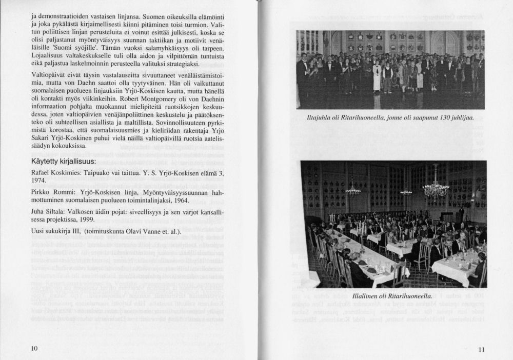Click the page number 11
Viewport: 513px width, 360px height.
[x=481, y=350]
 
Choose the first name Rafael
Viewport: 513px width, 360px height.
[x=43, y=173]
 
